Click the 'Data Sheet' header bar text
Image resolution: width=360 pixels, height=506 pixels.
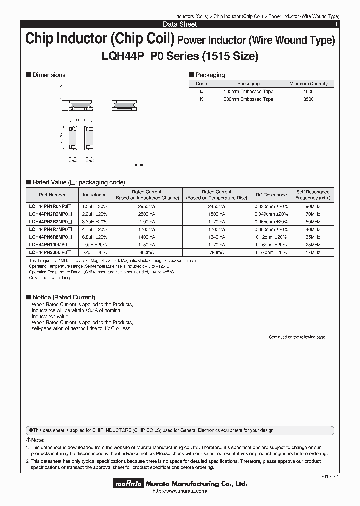point(180,24)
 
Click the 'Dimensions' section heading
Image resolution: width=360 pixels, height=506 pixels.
point(49,75)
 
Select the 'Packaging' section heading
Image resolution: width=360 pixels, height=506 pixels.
point(210,75)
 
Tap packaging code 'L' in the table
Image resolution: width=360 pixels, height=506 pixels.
point(201,92)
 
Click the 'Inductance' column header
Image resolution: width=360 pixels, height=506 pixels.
point(94,195)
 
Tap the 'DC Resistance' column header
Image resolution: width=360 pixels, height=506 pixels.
point(271,195)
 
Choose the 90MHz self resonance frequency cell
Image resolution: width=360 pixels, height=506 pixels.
point(312,206)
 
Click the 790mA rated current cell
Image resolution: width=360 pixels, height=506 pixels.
point(217,252)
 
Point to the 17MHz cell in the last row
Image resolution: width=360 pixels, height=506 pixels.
point(312,252)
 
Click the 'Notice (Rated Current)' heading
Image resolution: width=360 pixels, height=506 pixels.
point(63,297)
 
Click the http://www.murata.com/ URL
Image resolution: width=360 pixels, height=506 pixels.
point(180,492)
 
